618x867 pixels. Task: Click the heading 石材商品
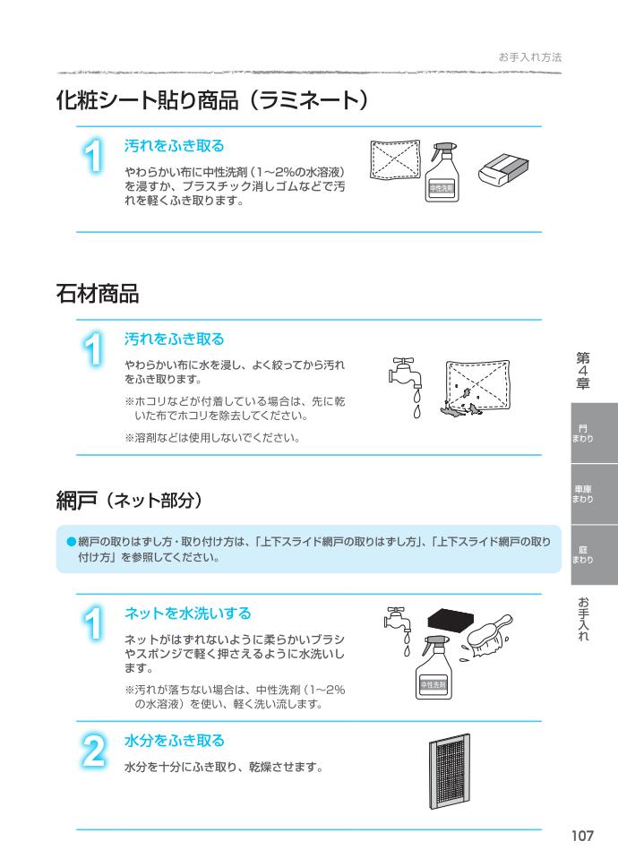(x=98, y=293)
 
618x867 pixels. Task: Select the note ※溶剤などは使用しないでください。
(x=211, y=438)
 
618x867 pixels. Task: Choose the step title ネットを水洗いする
(x=187, y=614)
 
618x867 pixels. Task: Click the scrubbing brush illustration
(x=488, y=635)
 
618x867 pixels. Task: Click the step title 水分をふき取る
(x=174, y=741)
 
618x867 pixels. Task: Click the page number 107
(x=583, y=836)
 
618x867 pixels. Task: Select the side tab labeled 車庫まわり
(x=583, y=494)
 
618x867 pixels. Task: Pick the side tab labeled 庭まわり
(x=583, y=554)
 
